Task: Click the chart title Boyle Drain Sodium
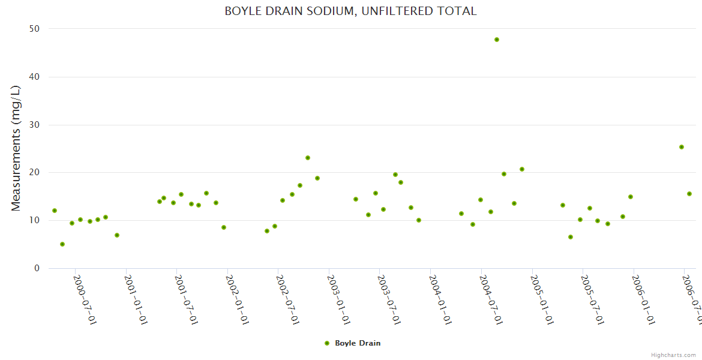click(x=350, y=11)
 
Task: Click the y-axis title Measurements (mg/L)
click(x=16, y=148)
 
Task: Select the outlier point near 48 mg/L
click(x=497, y=40)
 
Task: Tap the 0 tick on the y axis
click(x=37, y=268)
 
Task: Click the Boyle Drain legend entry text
click(x=358, y=343)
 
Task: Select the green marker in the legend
click(x=327, y=343)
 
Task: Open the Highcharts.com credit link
click(x=674, y=355)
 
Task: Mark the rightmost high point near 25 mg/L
click(x=682, y=147)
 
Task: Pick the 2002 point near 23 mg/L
click(x=308, y=158)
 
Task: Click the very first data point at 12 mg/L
click(x=55, y=211)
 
